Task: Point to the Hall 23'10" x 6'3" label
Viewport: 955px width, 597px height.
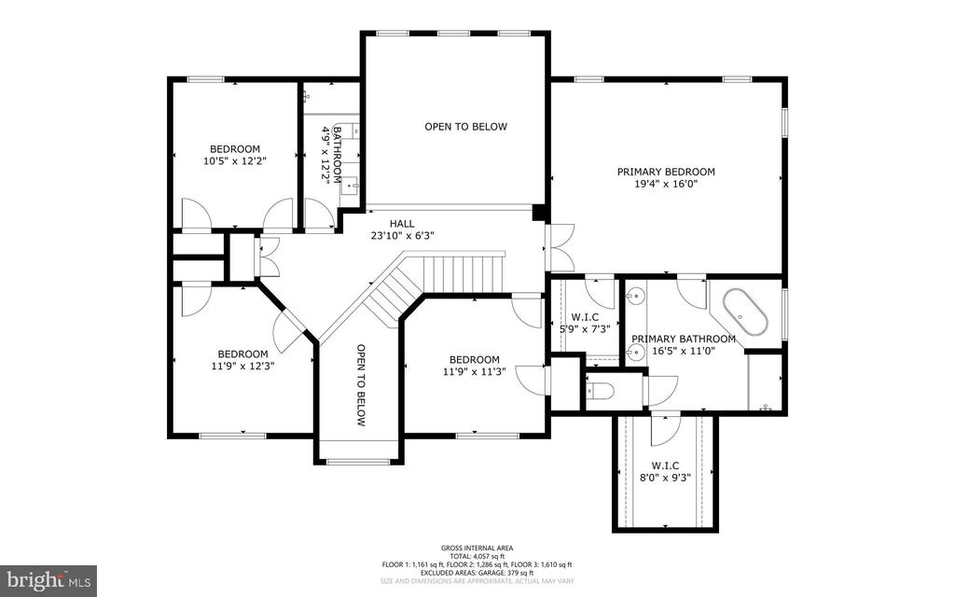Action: click(x=402, y=229)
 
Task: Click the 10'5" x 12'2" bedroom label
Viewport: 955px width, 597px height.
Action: click(x=234, y=155)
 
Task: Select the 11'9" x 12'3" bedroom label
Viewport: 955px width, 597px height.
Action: click(x=242, y=360)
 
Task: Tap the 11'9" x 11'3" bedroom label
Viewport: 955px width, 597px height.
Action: click(x=474, y=366)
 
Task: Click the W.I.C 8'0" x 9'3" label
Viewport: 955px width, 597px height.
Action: click(x=666, y=470)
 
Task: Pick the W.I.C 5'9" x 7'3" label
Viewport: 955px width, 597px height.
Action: click(x=584, y=323)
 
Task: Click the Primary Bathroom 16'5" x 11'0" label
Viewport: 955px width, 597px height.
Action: click(x=683, y=345)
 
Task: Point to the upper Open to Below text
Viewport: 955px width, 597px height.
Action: click(x=466, y=127)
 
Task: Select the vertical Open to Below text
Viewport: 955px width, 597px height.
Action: click(x=361, y=385)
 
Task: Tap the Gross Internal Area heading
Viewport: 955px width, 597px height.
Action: click(x=477, y=548)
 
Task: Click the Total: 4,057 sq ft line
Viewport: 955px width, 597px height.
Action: click(x=477, y=556)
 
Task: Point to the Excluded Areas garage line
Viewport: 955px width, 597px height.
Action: click(x=477, y=573)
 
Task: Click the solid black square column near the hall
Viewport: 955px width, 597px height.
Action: click(x=538, y=214)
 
